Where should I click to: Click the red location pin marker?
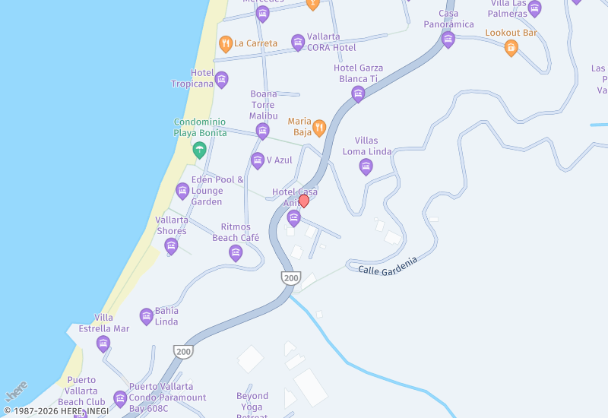pyautogui.click(x=304, y=201)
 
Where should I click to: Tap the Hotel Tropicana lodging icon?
pyautogui.click(x=222, y=78)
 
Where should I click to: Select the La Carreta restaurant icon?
pyautogui.click(x=225, y=43)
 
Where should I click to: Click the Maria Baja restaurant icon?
pyautogui.click(x=320, y=126)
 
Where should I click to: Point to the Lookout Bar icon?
pyautogui.click(x=511, y=47)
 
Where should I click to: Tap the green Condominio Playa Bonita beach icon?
pyautogui.click(x=200, y=149)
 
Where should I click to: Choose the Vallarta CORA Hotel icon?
pyautogui.click(x=298, y=42)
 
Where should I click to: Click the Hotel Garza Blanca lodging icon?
pyautogui.click(x=358, y=93)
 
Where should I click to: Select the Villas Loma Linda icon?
pyautogui.click(x=366, y=166)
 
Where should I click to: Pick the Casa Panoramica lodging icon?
pyautogui.click(x=448, y=39)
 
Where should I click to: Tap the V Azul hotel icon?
pyautogui.click(x=258, y=160)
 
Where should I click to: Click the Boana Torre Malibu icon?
pyautogui.click(x=263, y=131)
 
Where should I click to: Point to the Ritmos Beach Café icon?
pyautogui.click(x=236, y=252)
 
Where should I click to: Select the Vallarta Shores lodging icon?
pyautogui.click(x=172, y=245)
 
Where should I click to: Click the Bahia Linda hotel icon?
pyautogui.click(x=147, y=316)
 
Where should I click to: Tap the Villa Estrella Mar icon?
pyautogui.click(x=103, y=344)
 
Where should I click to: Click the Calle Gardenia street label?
pyautogui.click(x=388, y=265)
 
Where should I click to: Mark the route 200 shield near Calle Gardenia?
pyautogui.click(x=290, y=278)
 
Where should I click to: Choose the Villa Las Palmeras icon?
pyautogui.click(x=534, y=8)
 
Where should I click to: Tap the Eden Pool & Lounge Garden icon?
pyautogui.click(x=182, y=191)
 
